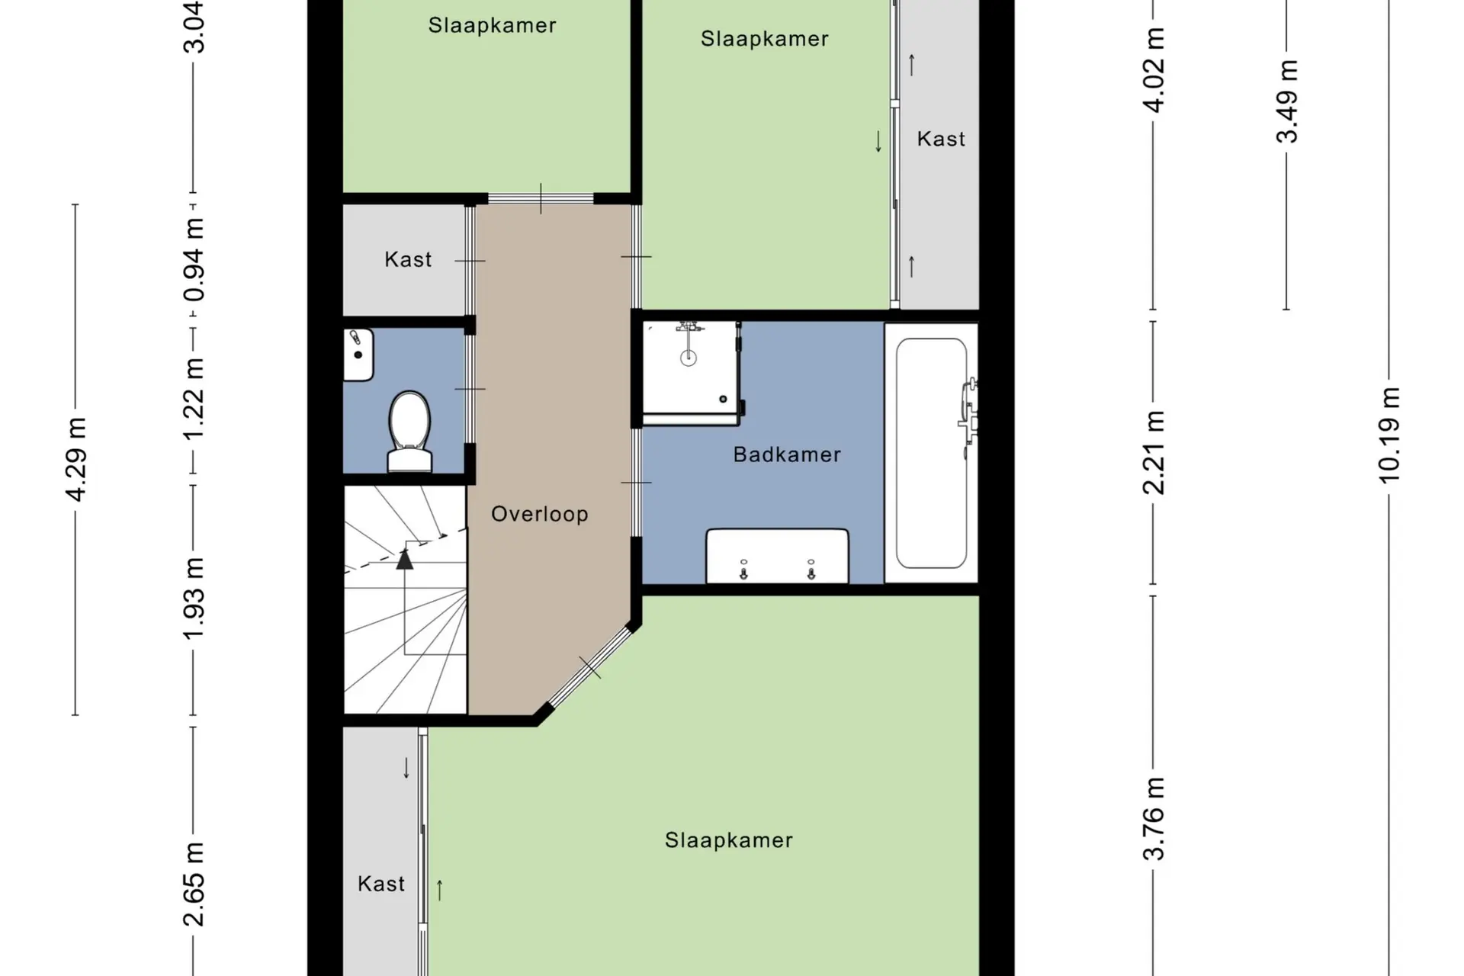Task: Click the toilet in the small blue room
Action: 410,432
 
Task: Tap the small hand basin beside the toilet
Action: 358,355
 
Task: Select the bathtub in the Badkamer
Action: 931,453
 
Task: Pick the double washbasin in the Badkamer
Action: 777,556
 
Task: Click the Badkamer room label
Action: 787,454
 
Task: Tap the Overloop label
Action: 540,514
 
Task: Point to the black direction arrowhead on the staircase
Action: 405,559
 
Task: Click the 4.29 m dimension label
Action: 76,460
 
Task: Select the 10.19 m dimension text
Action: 1389,435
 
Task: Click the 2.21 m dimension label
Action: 1154,452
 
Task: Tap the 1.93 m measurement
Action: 194,599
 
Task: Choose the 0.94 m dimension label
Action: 194,259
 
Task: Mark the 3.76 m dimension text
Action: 1154,819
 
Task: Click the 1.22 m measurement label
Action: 194,398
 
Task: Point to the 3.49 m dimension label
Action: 1287,101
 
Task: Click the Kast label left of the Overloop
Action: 408,259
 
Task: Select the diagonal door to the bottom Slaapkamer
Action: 589,667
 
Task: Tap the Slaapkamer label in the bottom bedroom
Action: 729,840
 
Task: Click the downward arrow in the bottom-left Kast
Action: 406,768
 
